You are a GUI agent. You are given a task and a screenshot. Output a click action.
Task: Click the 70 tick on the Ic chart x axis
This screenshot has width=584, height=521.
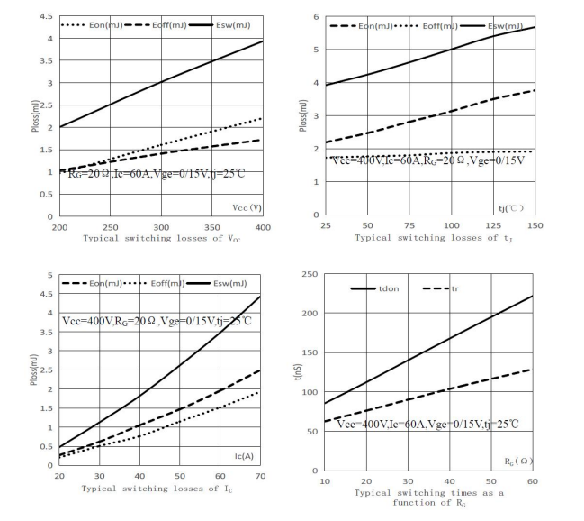click(x=261, y=477)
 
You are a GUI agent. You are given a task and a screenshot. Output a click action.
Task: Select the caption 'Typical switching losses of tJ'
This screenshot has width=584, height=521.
click(x=436, y=238)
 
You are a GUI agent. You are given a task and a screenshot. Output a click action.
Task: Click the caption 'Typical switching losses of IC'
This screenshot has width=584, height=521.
click(x=159, y=489)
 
